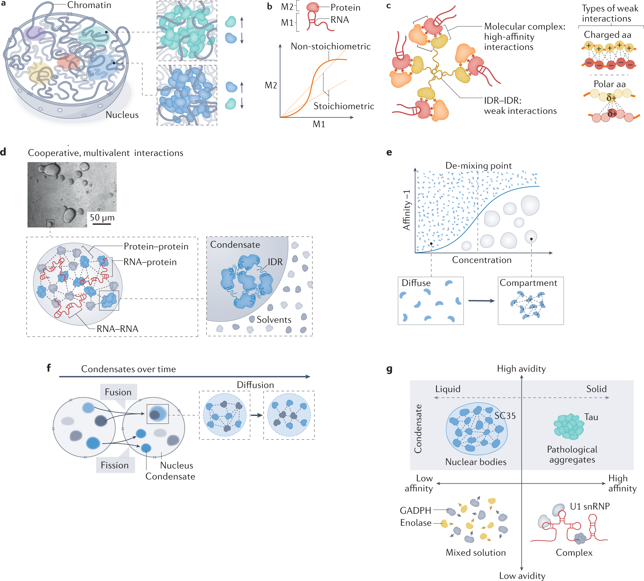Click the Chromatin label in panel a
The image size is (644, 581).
point(89,5)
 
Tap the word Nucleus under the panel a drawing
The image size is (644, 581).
point(122,115)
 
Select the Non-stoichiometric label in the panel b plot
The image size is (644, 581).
point(330,47)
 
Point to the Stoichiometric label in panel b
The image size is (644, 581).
point(344,106)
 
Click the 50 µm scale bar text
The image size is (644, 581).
point(102,218)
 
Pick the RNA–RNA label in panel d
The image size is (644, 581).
point(117,329)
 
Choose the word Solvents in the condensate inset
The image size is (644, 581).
point(274,320)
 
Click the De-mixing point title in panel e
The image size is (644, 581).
point(478,166)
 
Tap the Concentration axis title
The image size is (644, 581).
point(482,260)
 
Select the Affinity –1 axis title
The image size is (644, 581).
point(406,210)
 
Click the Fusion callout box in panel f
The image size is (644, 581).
point(118,392)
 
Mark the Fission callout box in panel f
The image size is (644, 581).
point(115,465)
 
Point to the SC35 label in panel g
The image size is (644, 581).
point(505,416)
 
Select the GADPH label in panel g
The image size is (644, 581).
point(415,511)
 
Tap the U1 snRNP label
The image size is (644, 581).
point(590,506)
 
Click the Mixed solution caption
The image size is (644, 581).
point(476,553)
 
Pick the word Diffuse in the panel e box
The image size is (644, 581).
point(416,283)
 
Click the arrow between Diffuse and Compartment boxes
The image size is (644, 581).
point(481,301)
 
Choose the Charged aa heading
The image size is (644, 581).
point(607,35)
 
